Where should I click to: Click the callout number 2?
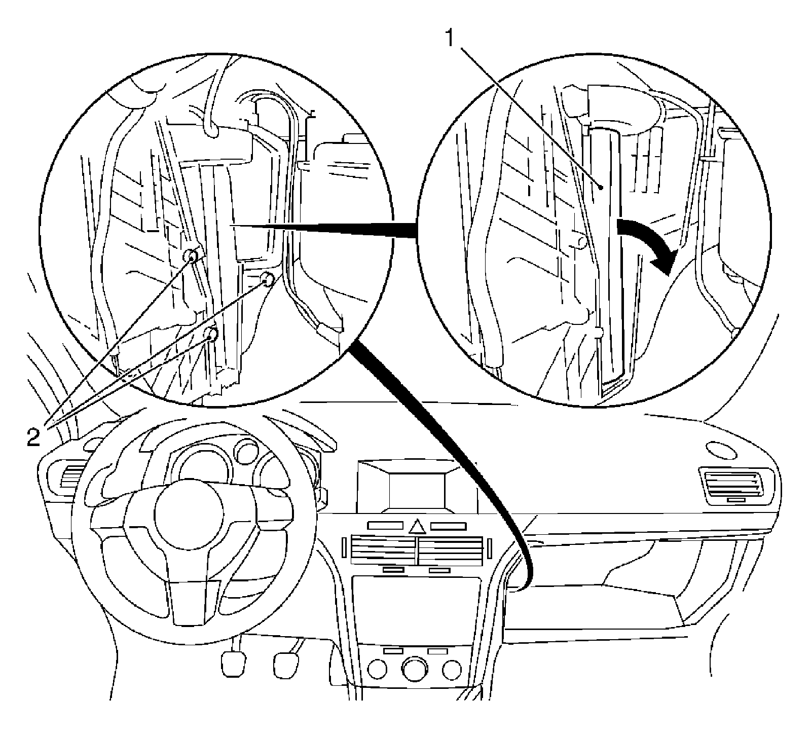pyautogui.click(x=33, y=436)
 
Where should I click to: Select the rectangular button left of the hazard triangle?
pyautogui.click(x=385, y=526)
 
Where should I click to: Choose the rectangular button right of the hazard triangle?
pyautogui.click(x=448, y=526)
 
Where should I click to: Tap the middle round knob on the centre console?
pyautogui.click(x=415, y=669)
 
